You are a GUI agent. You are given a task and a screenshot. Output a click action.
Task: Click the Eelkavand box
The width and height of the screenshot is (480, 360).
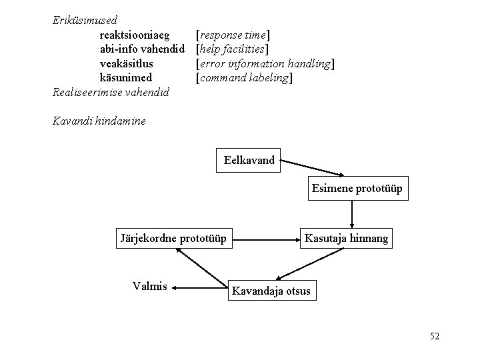[250, 160]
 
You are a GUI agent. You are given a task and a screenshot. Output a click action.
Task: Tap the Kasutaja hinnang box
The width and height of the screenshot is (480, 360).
[345, 237]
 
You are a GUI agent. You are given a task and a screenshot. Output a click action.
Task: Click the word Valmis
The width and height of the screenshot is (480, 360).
[150, 287]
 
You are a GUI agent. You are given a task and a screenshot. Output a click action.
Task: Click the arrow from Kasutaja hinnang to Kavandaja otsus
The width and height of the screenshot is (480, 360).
[310, 263]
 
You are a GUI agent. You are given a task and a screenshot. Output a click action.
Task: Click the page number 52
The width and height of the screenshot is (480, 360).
[435, 337]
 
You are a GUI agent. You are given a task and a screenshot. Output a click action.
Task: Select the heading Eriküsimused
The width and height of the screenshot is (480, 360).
[85, 20]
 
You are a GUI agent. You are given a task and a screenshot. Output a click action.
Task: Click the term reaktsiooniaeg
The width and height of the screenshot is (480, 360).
[134, 34]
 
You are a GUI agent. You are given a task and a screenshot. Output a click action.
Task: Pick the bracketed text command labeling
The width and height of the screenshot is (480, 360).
[244, 77]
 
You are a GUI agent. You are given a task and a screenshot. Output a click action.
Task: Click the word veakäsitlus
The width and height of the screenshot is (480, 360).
[126, 63]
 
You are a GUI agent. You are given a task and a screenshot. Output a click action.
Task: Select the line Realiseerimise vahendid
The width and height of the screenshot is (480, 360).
[111, 92]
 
